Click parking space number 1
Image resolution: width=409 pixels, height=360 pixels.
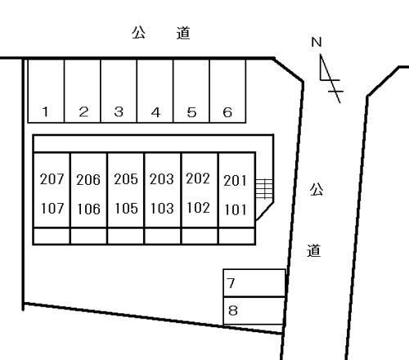click(x=46, y=91)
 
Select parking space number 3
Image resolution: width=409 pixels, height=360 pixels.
click(x=119, y=91)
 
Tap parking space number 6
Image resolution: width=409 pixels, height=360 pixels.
click(x=227, y=91)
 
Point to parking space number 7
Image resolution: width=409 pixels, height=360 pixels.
click(x=254, y=283)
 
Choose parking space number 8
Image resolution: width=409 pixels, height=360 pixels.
click(x=254, y=311)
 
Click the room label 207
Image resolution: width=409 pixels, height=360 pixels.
click(x=52, y=179)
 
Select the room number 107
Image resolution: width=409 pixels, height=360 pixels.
click(x=52, y=209)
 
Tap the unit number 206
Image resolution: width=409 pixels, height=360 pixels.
click(x=88, y=180)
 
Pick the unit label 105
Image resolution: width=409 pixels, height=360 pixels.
click(x=126, y=209)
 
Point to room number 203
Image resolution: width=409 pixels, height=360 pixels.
click(x=162, y=179)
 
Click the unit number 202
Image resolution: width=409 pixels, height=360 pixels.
click(x=198, y=178)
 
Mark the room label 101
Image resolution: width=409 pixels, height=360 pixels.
click(x=236, y=210)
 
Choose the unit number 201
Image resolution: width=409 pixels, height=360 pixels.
click(x=235, y=181)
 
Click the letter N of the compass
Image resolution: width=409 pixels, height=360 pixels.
click(x=317, y=43)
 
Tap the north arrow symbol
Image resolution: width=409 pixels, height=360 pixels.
click(x=330, y=79)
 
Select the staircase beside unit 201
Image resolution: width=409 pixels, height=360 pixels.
click(x=264, y=189)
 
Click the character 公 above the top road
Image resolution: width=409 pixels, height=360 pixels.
click(x=138, y=33)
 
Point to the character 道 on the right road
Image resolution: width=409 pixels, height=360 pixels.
click(x=313, y=250)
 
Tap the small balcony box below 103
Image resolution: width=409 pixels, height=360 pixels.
click(x=163, y=236)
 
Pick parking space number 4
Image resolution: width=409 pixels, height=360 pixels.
click(x=155, y=91)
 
